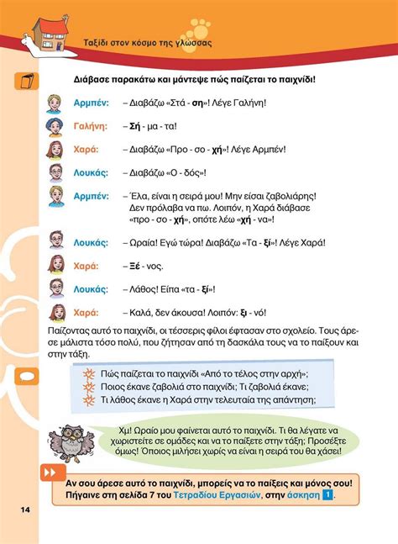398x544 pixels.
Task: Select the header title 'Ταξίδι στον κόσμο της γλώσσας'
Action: [146, 42]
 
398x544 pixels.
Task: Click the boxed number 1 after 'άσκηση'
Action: [327, 496]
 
